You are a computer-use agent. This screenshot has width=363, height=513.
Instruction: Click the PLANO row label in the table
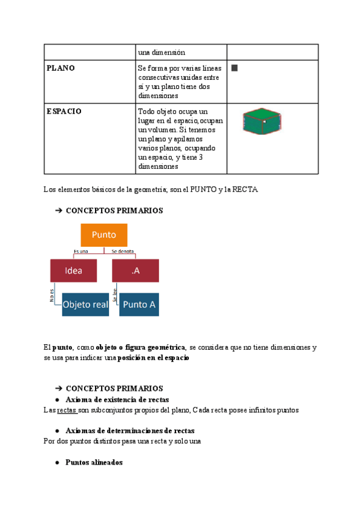[x=60, y=68]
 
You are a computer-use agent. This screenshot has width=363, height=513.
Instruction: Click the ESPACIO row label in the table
[x=64, y=112]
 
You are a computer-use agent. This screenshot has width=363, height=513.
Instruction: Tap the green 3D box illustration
[x=263, y=120]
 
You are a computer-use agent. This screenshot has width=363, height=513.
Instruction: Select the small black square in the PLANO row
[x=234, y=68]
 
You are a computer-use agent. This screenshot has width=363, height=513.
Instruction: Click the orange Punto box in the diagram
[x=103, y=235]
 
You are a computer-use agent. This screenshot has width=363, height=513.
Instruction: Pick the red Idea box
[x=74, y=270]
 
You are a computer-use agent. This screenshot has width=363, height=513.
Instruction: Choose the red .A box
[x=136, y=270]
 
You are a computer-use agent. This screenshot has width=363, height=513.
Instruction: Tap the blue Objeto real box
[x=85, y=304]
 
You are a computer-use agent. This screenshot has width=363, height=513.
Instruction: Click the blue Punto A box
[x=139, y=304]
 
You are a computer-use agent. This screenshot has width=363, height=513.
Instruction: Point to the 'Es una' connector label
[x=80, y=251]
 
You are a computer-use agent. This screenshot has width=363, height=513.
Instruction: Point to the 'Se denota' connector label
[x=123, y=251]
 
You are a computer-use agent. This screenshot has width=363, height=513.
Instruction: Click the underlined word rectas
[x=67, y=411]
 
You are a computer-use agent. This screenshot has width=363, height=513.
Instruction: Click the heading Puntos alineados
[x=94, y=462]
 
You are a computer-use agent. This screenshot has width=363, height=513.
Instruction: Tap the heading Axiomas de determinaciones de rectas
[x=129, y=431]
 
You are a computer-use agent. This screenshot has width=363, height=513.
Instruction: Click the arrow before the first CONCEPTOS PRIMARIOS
[x=59, y=211]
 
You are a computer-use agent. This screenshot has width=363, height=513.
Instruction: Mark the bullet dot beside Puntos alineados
[x=57, y=463]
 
